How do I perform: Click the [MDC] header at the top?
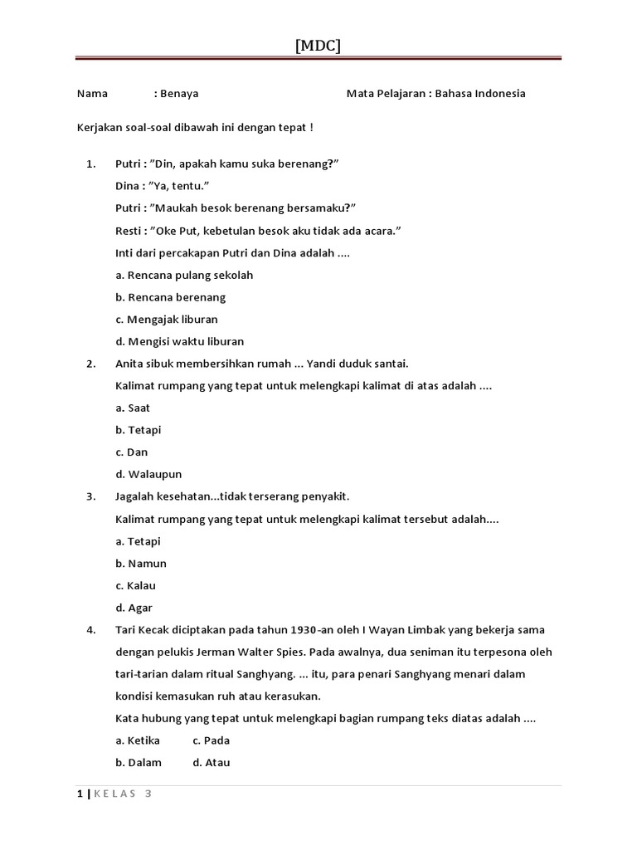click(318, 46)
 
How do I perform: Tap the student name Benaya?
click(180, 94)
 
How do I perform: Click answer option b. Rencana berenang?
click(171, 297)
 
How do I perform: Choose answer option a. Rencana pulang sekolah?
click(184, 275)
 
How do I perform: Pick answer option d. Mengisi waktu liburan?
click(180, 341)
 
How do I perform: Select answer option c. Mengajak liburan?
click(167, 320)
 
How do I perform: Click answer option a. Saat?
click(133, 408)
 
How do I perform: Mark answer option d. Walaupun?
click(148, 475)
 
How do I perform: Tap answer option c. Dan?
click(131, 452)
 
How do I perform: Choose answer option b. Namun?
click(141, 564)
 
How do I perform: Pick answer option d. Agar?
click(134, 608)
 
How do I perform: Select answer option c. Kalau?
click(136, 586)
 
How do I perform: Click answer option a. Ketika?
click(138, 740)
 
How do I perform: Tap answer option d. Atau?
click(212, 763)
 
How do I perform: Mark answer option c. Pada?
click(212, 740)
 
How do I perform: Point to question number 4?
click(90, 630)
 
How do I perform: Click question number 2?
click(90, 364)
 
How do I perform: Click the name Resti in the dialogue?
click(128, 231)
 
